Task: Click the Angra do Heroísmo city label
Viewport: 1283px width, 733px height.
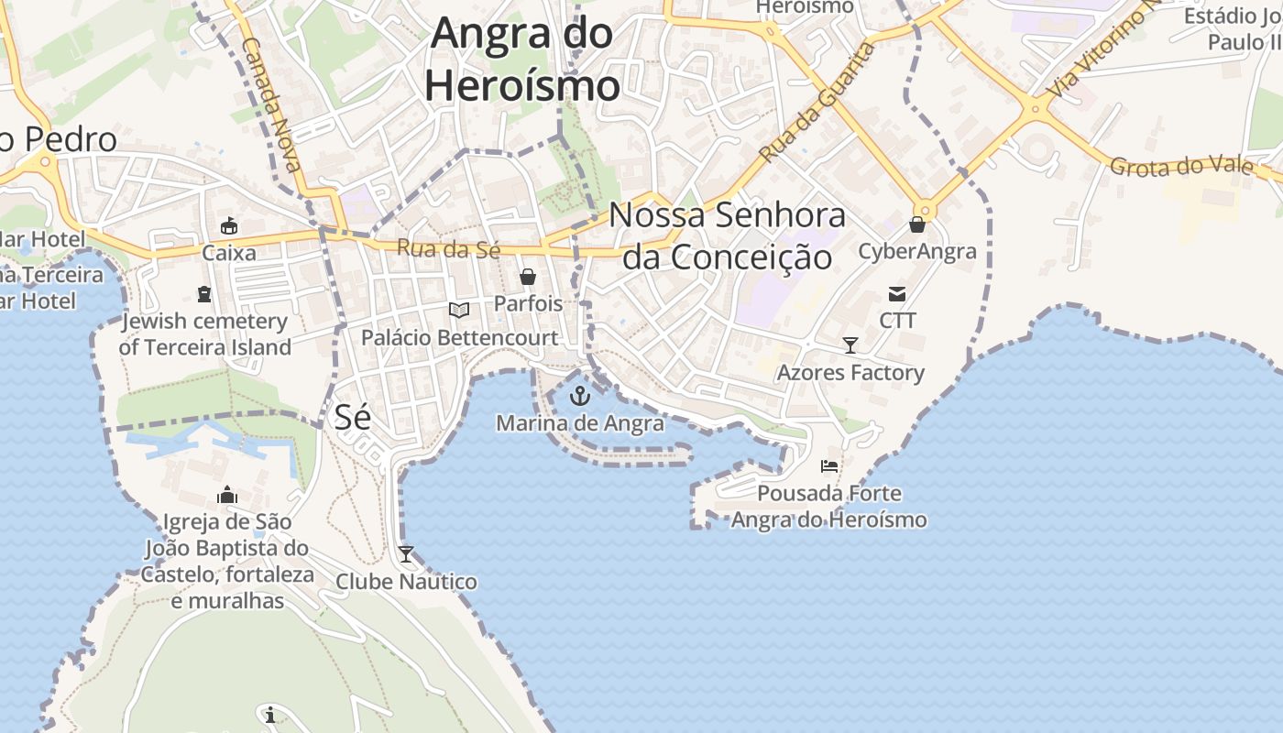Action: click(522, 60)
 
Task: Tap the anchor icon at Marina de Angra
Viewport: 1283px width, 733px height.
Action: click(579, 396)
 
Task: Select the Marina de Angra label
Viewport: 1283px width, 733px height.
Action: click(580, 423)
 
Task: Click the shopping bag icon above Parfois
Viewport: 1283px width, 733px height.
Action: click(528, 276)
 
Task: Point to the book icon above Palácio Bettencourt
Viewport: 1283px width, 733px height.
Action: click(459, 310)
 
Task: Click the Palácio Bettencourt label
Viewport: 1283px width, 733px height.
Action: click(459, 337)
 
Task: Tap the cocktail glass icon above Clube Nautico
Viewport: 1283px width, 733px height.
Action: click(405, 553)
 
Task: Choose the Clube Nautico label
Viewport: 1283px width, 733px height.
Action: click(406, 582)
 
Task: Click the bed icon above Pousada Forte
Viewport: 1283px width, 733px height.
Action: click(829, 465)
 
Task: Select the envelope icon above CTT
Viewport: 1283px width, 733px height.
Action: click(897, 294)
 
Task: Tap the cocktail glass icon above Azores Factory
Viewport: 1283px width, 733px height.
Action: click(850, 345)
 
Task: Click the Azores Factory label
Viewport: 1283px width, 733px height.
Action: click(850, 373)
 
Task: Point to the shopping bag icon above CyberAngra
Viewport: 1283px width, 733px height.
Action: click(917, 224)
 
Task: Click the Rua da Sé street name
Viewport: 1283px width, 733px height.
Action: click(449, 248)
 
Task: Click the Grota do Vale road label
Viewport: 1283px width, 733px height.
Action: click(1180, 167)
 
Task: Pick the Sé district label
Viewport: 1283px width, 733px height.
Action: click(352, 417)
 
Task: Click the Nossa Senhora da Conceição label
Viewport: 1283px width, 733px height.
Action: click(728, 236)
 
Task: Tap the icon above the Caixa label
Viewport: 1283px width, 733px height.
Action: click(229, 225)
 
